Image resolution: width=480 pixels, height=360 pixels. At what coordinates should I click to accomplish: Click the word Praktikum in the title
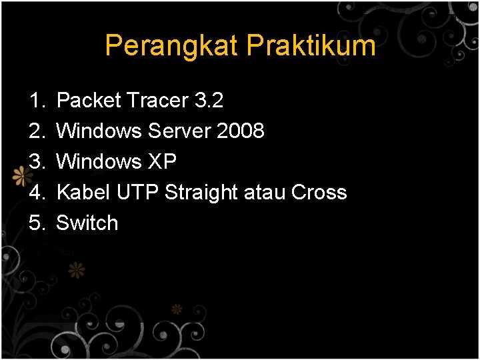point(311,46)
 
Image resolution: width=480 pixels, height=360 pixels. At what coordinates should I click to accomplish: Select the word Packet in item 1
point(89,101)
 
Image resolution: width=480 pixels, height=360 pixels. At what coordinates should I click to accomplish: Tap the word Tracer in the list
point(158,101)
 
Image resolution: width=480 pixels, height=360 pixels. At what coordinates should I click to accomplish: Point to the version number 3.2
point(209,101)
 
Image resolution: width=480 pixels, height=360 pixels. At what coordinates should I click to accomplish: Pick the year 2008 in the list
point(241,131)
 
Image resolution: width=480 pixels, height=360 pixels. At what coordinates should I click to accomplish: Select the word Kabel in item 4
point(83,193)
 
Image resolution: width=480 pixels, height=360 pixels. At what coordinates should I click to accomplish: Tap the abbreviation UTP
point(137,193)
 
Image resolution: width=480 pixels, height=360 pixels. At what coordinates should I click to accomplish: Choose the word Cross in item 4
point(319,193)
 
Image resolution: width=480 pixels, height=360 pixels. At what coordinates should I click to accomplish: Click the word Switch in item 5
point(87,223)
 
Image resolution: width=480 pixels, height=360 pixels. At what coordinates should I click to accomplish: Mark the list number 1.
point(36,101)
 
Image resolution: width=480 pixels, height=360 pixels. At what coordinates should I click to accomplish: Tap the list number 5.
point(36,223)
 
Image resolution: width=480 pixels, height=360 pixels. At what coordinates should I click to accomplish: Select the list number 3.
point(36,162)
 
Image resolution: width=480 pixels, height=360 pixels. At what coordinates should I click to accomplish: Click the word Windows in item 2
point(99,131)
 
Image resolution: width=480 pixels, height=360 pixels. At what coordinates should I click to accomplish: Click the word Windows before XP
point(99,162)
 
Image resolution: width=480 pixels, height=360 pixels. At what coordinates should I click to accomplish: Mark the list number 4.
point(36,193)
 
